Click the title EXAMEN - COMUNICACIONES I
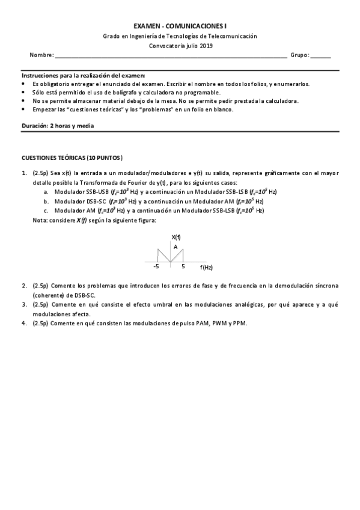point(180,26)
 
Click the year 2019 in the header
point(204,45)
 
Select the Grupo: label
point(300,55)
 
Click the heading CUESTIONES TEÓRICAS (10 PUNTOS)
point(72,158)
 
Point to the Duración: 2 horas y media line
point(57,126)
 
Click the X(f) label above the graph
point(176,238)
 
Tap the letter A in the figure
point(175,247)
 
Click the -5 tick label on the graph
point(156,266)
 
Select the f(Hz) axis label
point(206,267)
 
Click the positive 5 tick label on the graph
point(183,266)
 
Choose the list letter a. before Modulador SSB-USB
point(46,192)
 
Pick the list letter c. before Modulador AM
point(46,210)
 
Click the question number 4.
point(25,323)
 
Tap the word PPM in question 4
point(239,323)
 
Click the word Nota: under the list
point(40,220)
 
